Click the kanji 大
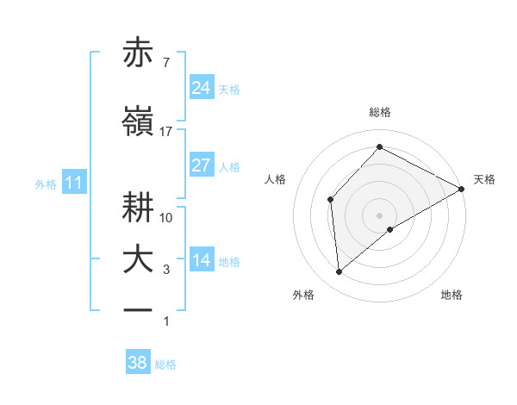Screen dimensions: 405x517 (139, 260)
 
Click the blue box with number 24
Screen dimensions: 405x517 (202, 87)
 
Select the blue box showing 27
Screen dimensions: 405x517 (202, 165)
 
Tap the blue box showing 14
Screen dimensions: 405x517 (202, 261)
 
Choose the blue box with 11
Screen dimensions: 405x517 (74, 183)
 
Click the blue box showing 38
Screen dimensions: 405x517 (138, 363)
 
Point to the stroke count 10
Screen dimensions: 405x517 (166, 217)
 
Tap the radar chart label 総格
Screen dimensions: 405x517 (380, 112)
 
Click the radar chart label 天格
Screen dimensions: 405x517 (484, 179)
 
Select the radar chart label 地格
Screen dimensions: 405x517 (452, 295)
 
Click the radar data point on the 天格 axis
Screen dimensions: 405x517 (462, 189)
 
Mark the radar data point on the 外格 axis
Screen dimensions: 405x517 (339, 272)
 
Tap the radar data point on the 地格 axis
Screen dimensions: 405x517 (390, 229)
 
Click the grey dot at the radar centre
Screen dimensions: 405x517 (380, 215)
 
